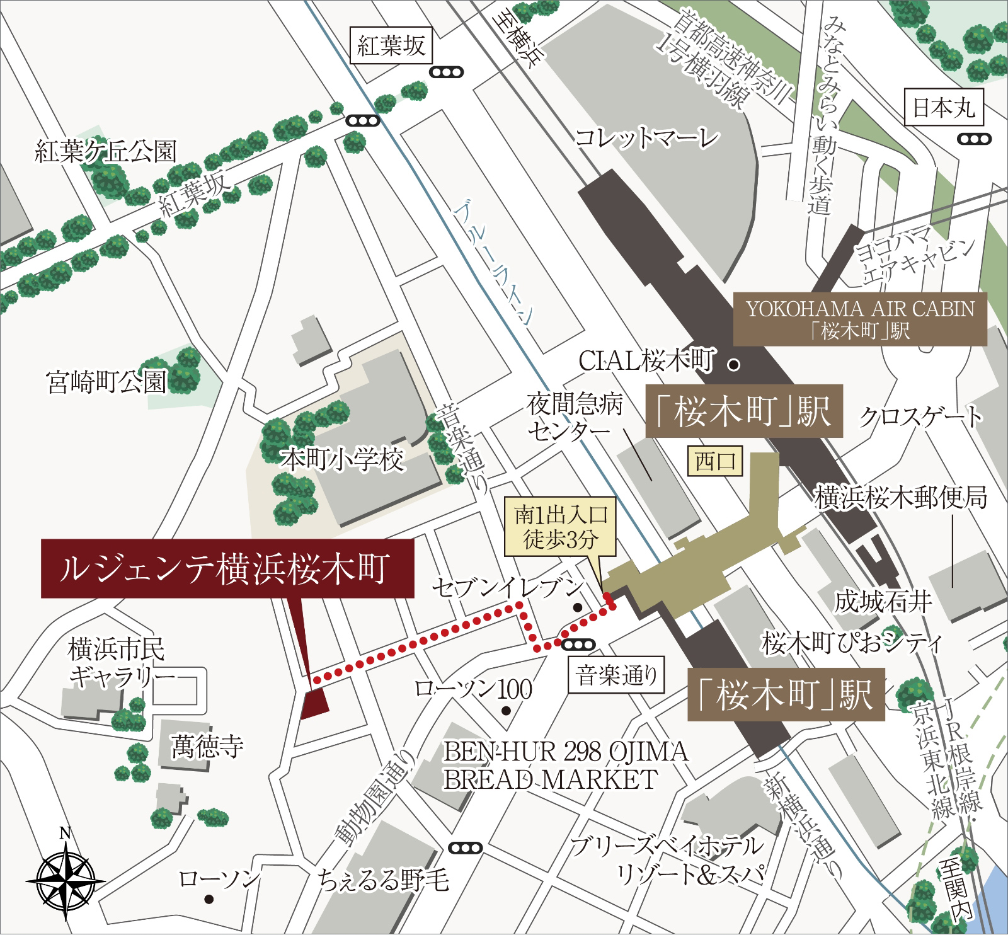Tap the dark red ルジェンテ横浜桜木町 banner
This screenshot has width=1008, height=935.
pos(227,568)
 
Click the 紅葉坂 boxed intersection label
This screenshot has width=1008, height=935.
pos(391,46)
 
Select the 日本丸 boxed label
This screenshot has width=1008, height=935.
pos(943,108)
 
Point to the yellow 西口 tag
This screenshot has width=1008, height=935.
pos(715,462)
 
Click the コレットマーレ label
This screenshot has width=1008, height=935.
pos(647,137)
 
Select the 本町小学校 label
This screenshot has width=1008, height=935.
pos(342,460)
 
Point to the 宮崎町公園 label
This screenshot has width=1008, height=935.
pos(106,382)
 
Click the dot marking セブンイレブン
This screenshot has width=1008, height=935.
pos(577,607)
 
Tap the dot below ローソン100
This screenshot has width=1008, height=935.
pos(506,711)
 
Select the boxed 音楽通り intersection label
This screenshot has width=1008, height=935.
pos(616,676)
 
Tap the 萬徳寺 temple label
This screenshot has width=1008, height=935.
pos(207,747)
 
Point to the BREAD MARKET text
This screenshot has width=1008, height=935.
pos(550,779)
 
